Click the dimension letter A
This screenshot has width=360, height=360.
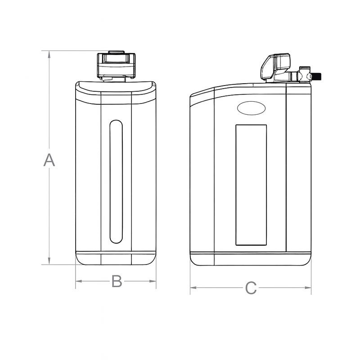coord(49,160)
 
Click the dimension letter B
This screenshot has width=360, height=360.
coord(117,282)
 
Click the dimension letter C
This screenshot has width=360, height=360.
coord(251,288)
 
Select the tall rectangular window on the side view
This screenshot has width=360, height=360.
coord(251,184)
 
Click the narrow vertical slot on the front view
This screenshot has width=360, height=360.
coord(116,181)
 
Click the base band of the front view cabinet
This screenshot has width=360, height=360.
coord(116,259)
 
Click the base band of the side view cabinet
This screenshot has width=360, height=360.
coord(251,260)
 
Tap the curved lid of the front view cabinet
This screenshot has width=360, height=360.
coord(116,87)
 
